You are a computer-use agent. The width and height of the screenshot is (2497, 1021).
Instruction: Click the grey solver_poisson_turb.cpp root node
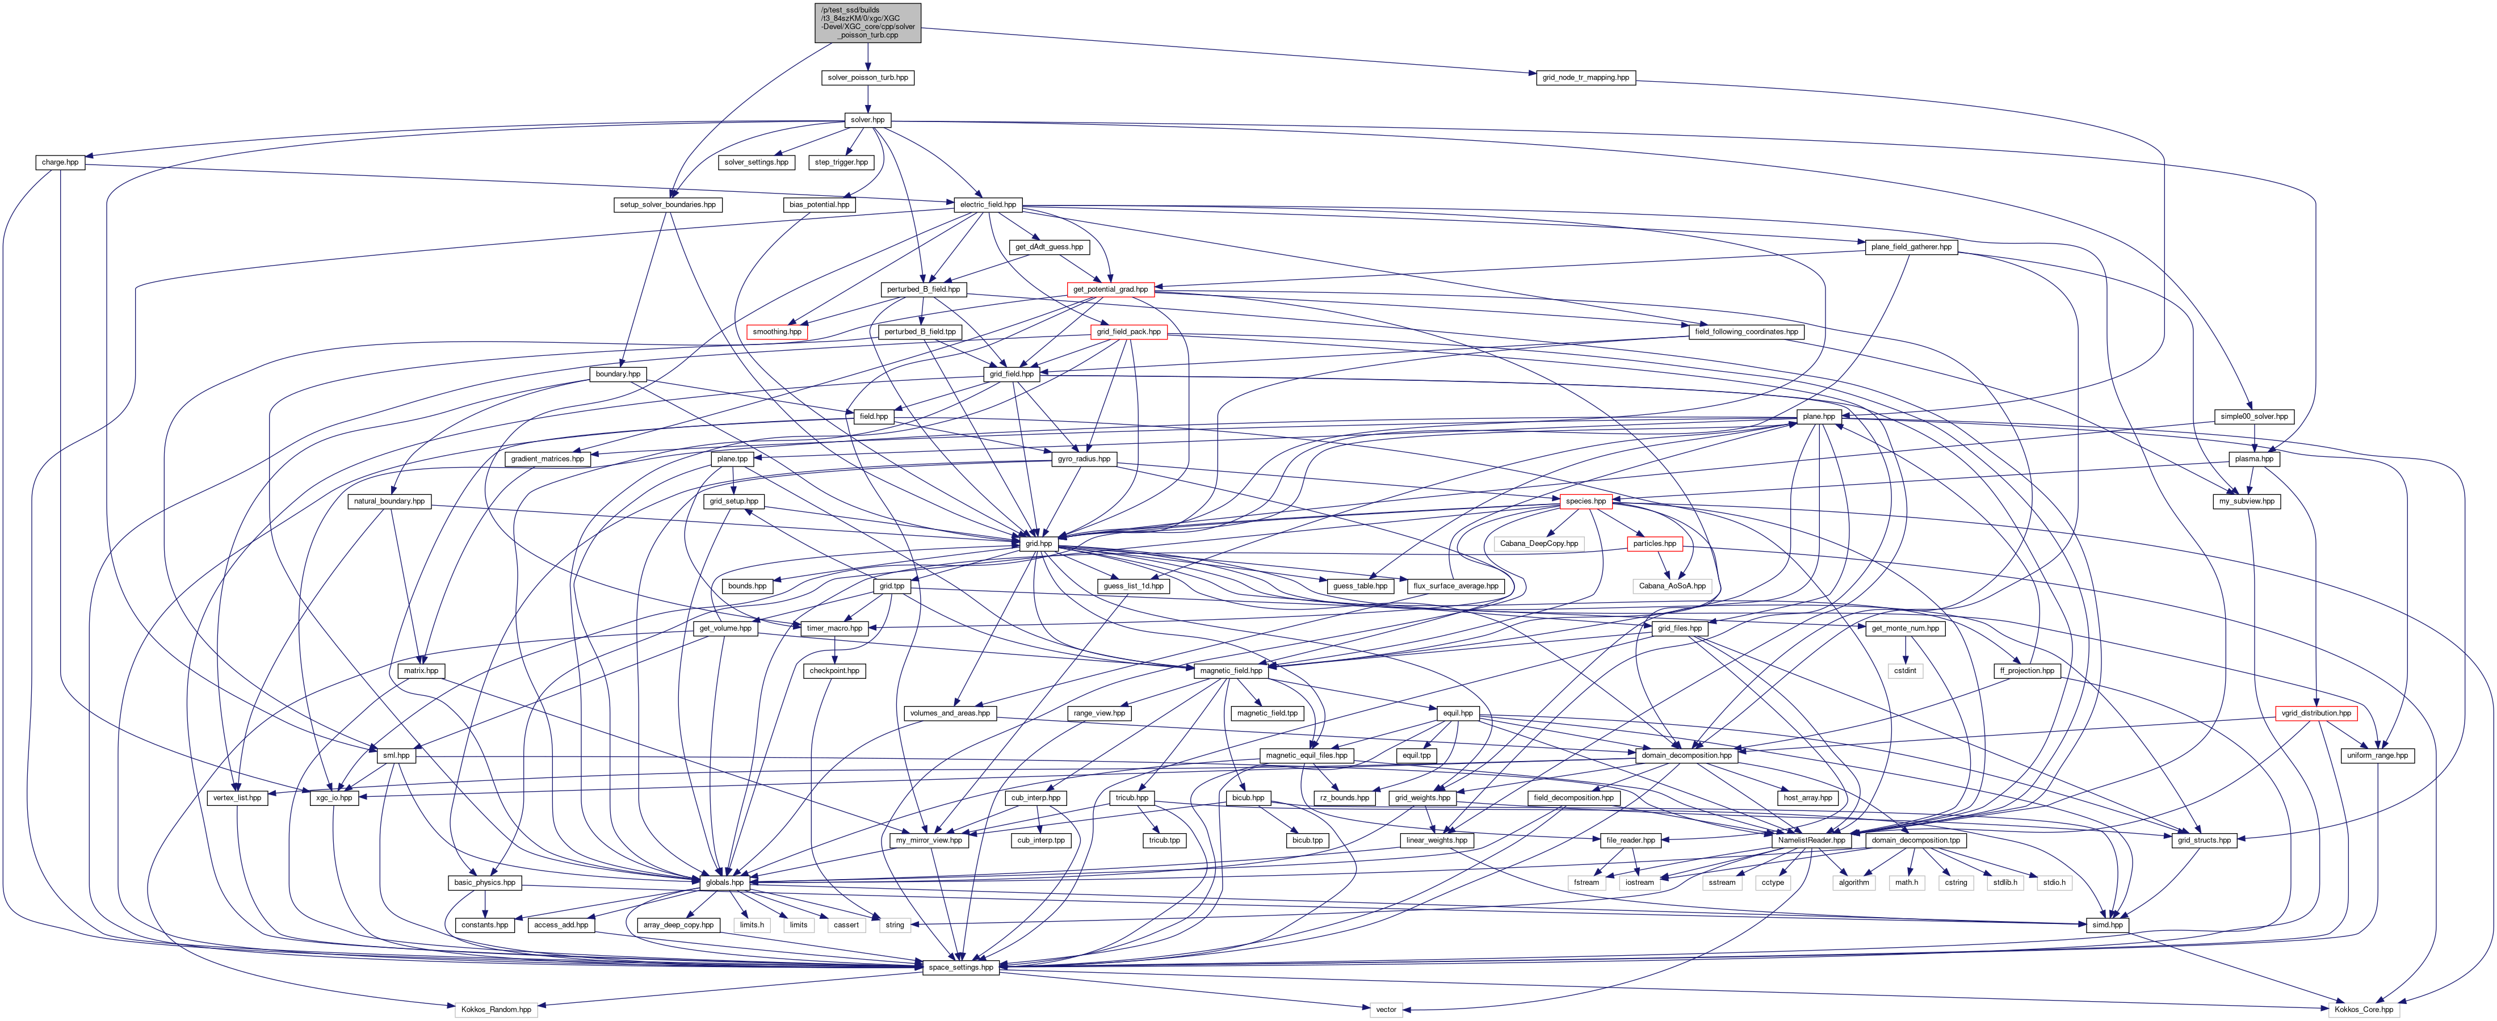pyautogui.click(x=867, y=22)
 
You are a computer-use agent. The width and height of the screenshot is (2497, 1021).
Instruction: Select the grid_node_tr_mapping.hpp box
pyautogui.click(x=1585, y=78)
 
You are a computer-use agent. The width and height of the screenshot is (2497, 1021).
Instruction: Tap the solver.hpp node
pyautogui.click(x=867, y=120)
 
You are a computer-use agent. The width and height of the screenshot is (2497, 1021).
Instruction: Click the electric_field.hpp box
pyautogui.click(x=988, y=204)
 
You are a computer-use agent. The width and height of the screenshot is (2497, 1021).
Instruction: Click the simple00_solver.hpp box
pyautogui.click(x=2253, y=416)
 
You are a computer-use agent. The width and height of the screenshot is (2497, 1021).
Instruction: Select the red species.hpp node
pyautogui.click(x=1585, y=501)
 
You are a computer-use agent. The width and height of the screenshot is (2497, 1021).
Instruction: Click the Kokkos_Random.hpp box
pyautogui.click(x=496, y=1009)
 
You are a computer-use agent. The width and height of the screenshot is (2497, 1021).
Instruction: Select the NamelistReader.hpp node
pyautogui.click(x=1810, y=840)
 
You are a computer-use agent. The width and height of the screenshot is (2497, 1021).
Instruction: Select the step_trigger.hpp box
pyautogui.click(x=841, y=162)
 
